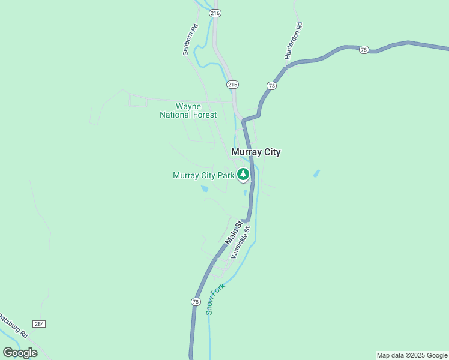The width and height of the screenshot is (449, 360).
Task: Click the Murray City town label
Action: [x=256, y=152]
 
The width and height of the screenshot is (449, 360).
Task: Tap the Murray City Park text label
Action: [x=203, y=176]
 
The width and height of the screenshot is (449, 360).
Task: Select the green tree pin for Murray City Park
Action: [x=243, y=175]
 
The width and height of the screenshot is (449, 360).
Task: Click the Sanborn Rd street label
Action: [x=190, y=40]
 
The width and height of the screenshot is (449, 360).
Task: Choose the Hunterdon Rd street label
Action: [x=294, y=41]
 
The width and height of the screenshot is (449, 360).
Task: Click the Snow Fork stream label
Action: [x=214, y=298]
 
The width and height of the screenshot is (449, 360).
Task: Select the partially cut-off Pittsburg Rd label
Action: [x=13, y=324]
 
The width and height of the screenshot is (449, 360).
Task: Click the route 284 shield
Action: [x=39, y=324]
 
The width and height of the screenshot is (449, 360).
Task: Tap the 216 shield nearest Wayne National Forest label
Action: [x=233, y=85]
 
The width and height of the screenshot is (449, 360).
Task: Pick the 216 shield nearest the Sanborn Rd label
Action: [x=215, y=13]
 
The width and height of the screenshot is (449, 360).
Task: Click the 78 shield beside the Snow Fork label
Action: [x=195, y=302]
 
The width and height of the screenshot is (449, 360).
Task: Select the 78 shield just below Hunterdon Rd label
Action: [x=272, y=86]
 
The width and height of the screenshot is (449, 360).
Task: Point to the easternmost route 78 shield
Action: [x=363, y=50]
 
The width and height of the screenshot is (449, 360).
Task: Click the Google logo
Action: [x=20, y=353]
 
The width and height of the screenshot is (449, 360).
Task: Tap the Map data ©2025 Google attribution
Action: [x=412, y=355]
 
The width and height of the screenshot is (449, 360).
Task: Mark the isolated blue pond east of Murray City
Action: [x=316, y=174]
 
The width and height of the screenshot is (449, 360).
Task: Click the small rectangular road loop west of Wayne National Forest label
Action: [x=137, y=101]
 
